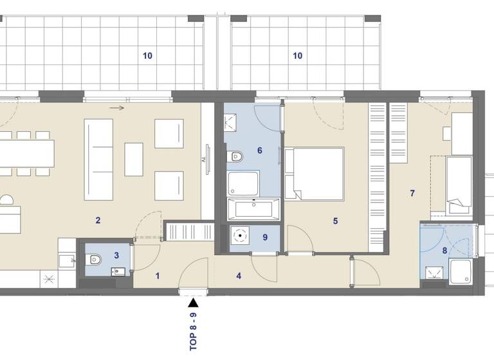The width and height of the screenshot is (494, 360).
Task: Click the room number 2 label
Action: tap(98, 221)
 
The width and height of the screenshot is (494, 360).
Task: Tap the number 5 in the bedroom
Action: tap(335, 221)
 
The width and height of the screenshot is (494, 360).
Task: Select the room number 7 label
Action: tap(412, 193)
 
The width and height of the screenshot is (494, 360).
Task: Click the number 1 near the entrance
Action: tap(157, 276)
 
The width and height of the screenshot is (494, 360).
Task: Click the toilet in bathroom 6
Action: tap(235, 156)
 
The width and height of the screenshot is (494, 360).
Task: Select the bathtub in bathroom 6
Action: tap(253, 209)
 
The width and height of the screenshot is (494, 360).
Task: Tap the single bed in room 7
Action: tap(459, 186)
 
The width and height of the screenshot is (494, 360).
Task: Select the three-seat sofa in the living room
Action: tap(98, 159)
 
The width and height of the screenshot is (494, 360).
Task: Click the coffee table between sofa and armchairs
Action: tap(133, 159)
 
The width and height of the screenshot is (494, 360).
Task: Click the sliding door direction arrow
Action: tap(116, 108)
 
